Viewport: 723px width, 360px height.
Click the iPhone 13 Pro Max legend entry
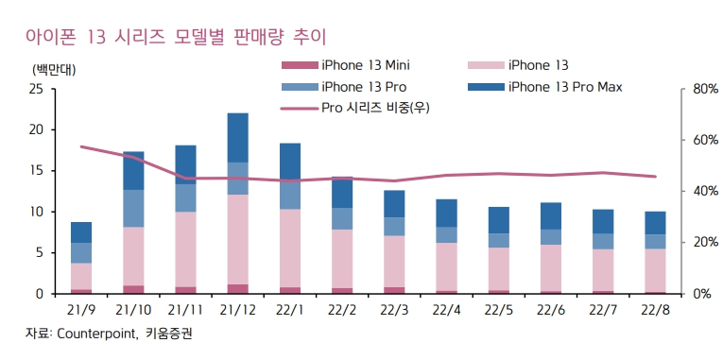tap(564, 87)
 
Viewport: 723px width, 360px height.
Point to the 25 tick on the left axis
tap(35, 89)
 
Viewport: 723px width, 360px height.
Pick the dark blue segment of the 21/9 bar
tap(81, 232)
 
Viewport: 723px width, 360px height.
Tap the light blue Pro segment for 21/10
tap(133, 208)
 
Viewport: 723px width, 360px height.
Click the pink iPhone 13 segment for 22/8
tap(654, 270)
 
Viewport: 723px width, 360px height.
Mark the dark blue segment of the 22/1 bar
tap(290, 162)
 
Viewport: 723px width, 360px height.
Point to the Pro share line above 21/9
tap(81, 146)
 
